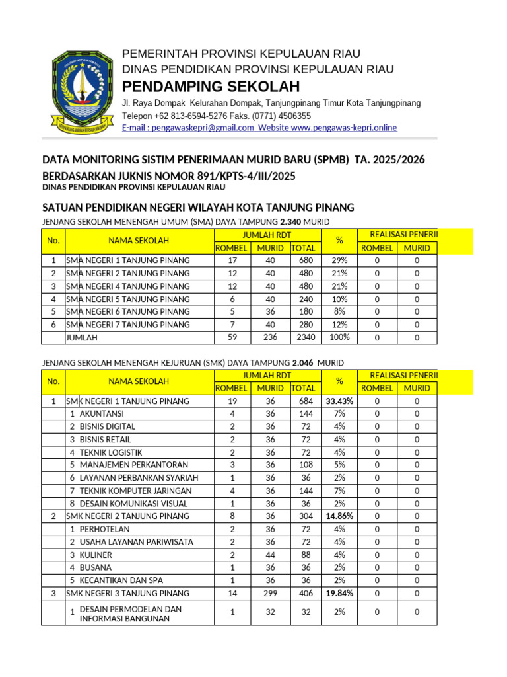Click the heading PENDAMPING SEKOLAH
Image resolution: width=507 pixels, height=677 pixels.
(211, 87)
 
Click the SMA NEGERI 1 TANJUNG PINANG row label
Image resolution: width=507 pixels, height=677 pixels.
(128, 260)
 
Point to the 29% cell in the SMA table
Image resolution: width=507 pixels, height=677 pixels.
(339, 260)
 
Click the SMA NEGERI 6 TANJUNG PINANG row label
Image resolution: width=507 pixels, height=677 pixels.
(128, 311)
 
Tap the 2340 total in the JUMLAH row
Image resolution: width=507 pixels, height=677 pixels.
(305, 337)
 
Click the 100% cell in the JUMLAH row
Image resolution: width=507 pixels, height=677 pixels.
(339, 337)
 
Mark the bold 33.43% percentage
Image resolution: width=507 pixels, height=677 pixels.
(339, 401)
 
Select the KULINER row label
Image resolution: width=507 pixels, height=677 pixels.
(96, 555)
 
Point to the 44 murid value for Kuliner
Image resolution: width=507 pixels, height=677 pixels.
(270, 555)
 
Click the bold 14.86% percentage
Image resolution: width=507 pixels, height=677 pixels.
(339, 516)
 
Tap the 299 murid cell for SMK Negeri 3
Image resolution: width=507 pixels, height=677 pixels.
(270, 593)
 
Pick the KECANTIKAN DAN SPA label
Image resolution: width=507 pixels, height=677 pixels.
(121, 580)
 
